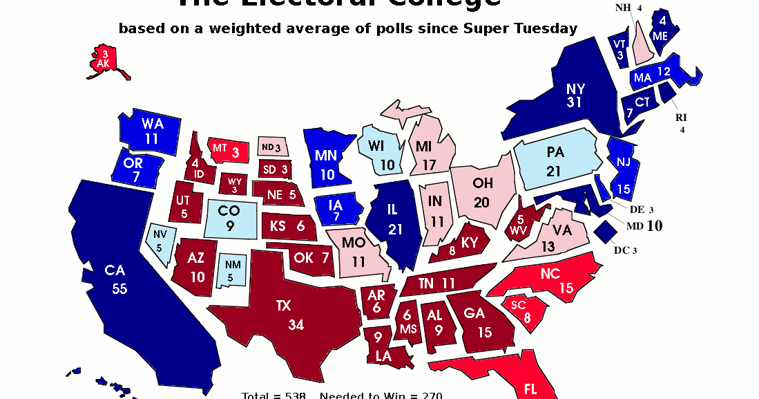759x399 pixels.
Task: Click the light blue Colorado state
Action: coord(231,218)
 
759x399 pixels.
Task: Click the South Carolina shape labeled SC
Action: coord(525,310)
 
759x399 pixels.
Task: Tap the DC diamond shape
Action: coord(606,232)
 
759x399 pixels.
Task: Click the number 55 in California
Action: coord(119,289)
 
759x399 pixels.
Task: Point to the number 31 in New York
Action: coord(575,103)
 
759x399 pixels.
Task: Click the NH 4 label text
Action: coord(628,8)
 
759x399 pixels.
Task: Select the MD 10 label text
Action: coord(644,225)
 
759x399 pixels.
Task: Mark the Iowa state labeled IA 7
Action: coord(336,210)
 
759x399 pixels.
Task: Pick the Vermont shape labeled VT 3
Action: coord(619,48)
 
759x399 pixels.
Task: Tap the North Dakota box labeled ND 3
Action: coord(271,147)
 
